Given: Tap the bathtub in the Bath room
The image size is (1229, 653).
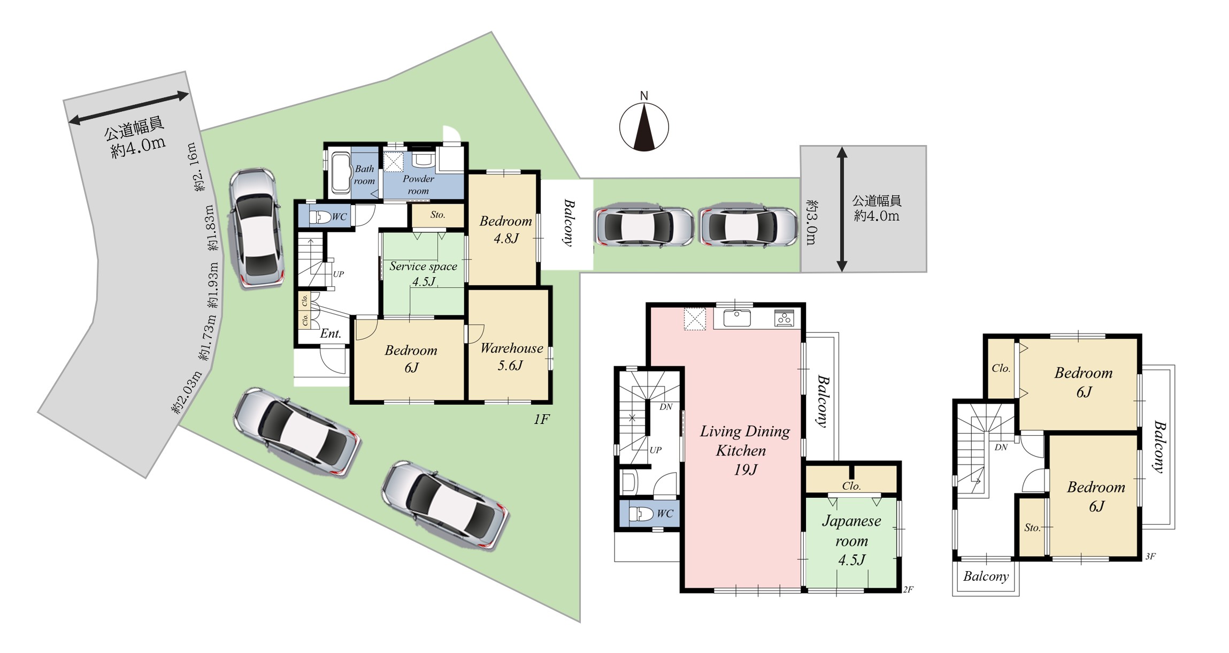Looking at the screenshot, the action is click(x=340, y=173).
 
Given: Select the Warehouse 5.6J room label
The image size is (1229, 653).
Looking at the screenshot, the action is click(x=511, y=357).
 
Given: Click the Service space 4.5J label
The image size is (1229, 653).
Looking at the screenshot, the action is click(x=423, y=274).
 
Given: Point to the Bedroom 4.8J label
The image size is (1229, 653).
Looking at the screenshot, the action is click(x=505, y=230).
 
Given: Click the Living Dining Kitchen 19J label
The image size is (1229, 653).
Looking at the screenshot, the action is click(x=744, y=450).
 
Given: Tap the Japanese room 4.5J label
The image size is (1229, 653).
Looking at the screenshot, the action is click(x=851, y=540).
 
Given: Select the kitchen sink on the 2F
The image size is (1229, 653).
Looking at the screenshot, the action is click(x=736, y=318).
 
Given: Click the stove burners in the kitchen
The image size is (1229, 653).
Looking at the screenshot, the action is click(x=784, y=318).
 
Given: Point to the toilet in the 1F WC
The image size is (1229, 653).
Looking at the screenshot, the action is click(x=320, y=217).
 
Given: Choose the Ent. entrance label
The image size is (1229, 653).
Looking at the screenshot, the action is click(x=331, y=333).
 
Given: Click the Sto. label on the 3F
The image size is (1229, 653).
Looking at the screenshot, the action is click(x=1032, y=528).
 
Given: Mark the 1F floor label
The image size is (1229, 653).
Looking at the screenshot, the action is click(x=541, y=419).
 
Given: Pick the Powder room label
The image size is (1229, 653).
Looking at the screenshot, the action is click(x=418, y=185).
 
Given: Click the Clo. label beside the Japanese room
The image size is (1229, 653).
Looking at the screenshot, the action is click(x=851, y=486).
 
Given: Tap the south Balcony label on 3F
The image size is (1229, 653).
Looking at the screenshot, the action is click(x=986, y=576).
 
